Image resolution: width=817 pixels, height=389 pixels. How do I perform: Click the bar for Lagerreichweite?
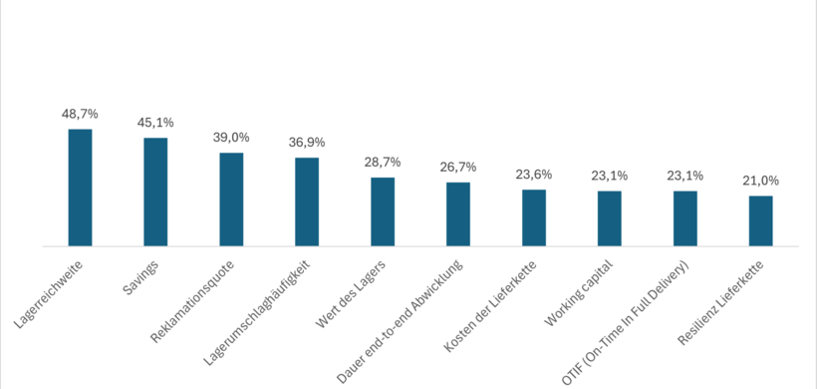pyautogui.click(x=80, y=188)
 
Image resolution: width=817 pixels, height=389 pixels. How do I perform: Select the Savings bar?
pyautogui.click(x=155, y=192)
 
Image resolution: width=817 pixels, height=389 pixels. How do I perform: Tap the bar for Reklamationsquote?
pyautogui.click(x=231, y=199)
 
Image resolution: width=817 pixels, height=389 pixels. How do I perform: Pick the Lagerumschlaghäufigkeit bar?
pyautogui.click(x=307, y=201)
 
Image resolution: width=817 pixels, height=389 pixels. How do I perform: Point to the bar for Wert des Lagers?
pyautogui.click(x=383, y=211)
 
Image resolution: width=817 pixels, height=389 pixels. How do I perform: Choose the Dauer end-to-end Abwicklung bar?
pyautogui.click(x=458, y=213)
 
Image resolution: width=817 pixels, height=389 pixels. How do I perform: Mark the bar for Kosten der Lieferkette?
pyautogui.click(x=534, y=217)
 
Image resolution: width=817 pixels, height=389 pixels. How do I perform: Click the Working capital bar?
pyautogui.click(x=610, y=218)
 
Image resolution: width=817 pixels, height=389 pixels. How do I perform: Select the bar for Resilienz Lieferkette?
pyautogui.click(x=761, y=220)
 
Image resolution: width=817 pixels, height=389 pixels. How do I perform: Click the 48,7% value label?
pyautogui.click(x=80, y=115)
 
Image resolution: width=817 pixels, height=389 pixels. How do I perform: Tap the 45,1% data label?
pyautogui.click(x=155, y=123)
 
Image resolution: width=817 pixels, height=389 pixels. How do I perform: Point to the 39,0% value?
pyautogui.click(x=231, y=138)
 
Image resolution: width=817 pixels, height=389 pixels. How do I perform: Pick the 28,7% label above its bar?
pyautogui.click(x=383, y=162)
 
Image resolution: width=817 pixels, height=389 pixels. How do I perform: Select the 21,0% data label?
pyautogui.click(x=761, y=181)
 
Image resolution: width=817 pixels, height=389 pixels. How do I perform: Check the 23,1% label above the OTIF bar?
pyautogui.click(x=685, y=176)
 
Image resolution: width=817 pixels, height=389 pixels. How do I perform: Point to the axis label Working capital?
pyautogui.click(x=579, y=293)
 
